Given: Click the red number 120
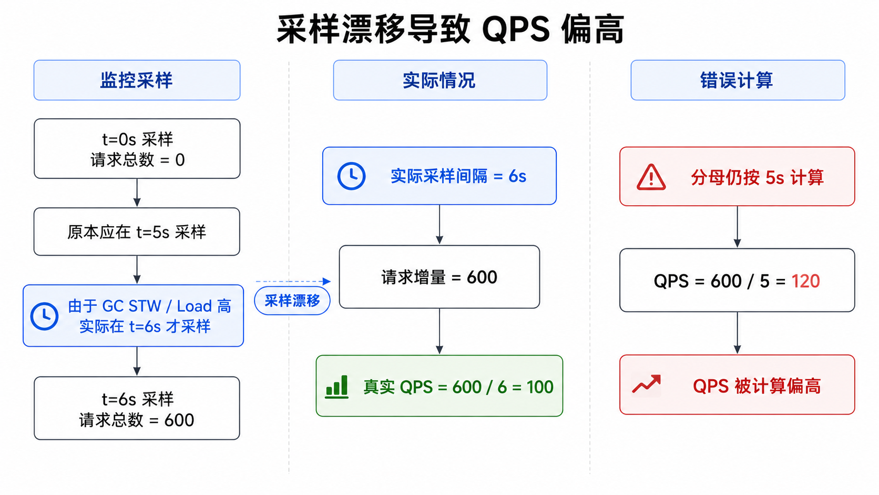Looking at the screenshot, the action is [805, 281].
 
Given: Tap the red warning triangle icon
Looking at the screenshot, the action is [651, 177].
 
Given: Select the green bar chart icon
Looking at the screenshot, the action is [336, 387].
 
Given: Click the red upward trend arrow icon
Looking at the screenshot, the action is [646, 384].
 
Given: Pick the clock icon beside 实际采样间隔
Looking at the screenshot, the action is [351, 176].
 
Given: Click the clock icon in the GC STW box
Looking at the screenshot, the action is [44, 316].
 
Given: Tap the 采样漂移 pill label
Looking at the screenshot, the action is [292, 301].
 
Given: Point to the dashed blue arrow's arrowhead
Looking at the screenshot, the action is [326, 281].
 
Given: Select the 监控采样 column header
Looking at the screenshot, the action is [137, 80].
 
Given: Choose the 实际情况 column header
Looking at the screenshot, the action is [440, 80].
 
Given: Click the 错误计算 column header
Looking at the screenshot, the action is [738, 80].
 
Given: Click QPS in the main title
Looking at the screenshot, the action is [516, 30].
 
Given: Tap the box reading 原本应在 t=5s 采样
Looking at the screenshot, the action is [137, 231].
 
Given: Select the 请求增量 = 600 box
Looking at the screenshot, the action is [439, 277].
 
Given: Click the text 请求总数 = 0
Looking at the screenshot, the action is [138, 160].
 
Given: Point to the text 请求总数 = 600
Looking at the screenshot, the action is [137, 420].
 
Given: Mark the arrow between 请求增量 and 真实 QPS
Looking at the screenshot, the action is [439, 331].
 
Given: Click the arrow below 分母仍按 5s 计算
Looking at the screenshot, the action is [738, 227].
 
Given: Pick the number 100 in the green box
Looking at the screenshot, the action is [540, 387].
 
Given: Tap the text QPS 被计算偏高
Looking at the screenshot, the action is [757, 386].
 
